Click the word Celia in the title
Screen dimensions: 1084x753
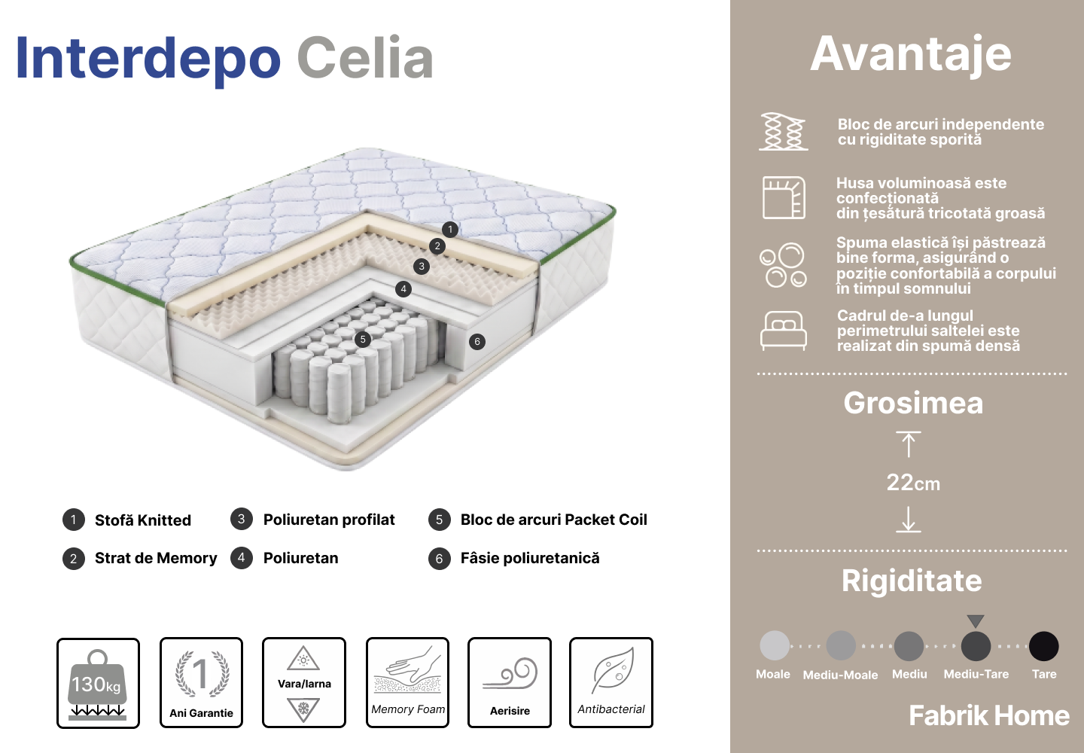click(365, 58)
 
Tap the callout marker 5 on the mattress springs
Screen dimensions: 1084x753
click(363, 340)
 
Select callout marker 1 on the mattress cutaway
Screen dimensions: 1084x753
click(450, 229)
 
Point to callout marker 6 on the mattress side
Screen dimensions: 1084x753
click(477, 342)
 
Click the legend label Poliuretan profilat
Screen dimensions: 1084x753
click(329, 520)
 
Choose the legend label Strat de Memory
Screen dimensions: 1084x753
click(156, 558)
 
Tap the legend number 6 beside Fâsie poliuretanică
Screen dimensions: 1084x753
click(440, 559)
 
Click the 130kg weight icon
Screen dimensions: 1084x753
click(97, 684)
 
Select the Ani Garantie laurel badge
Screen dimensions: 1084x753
click(202, 674)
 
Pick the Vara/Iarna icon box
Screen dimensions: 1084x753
click(304, 682)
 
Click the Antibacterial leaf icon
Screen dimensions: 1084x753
click(613, 670)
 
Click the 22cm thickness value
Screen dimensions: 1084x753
click(913, 483)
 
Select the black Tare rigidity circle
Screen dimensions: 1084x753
click(1044, 646)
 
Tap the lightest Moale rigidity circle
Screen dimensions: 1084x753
click(775, 645)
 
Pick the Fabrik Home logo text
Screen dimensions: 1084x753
click(989, 715)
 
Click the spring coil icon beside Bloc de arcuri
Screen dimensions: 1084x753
click(784, 132)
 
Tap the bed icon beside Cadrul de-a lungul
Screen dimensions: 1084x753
click(784, 331)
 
